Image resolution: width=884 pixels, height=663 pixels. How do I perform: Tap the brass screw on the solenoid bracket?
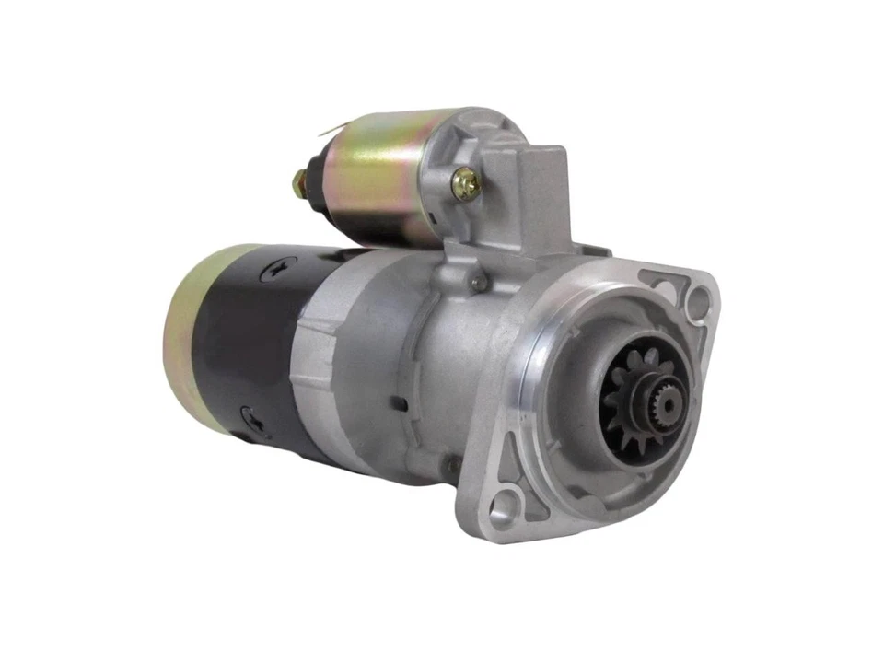tap(466, 185)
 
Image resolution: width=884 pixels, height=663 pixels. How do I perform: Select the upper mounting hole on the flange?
tap(700, 297)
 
